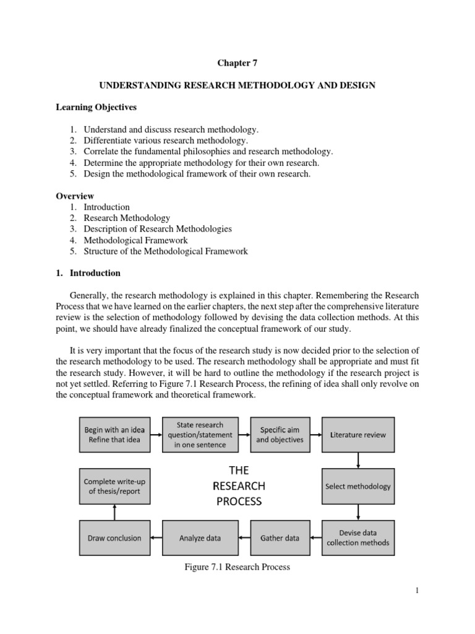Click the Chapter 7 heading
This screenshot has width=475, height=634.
(236, 63)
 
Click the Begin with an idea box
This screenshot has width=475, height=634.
(111, 435)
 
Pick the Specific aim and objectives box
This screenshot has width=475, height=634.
(281, 435)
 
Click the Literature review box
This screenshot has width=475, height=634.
(358, 435)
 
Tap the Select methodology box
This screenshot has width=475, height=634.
(358, 486)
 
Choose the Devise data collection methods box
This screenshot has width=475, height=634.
(358, 537)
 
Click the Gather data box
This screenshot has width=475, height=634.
(281, 538)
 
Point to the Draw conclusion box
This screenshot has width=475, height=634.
(111, 538)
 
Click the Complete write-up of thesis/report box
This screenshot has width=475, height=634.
(111, 486)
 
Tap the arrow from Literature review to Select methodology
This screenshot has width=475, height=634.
(358, 460)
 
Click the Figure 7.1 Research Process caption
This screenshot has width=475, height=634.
(237, 567)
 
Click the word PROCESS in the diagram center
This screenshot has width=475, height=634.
(239, 501)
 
